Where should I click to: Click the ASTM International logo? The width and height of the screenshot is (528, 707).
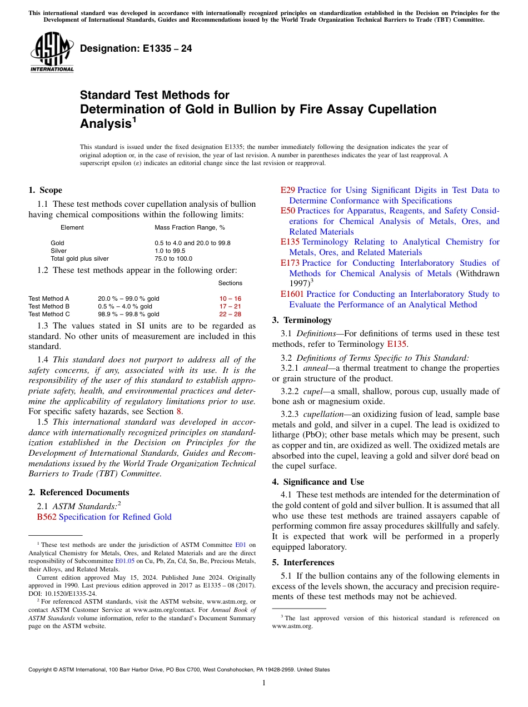pos(52,52)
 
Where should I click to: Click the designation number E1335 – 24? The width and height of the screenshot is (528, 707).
pos(136,49)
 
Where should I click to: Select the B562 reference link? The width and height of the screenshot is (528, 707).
pos(46,517)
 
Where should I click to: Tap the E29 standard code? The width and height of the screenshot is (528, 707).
pos(287,190)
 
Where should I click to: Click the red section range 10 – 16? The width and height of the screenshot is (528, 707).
pos(230,298)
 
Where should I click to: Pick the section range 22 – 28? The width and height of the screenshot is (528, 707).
pos(230,314)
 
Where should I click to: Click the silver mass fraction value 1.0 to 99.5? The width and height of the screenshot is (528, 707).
pos(170,251)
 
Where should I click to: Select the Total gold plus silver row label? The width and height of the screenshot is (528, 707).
pos(79,258)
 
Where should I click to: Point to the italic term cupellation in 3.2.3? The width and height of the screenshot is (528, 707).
pos(322,414)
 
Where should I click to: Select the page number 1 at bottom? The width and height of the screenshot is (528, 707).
pos(264,683)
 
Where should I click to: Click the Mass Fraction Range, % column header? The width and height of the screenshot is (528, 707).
pos(190,227)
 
